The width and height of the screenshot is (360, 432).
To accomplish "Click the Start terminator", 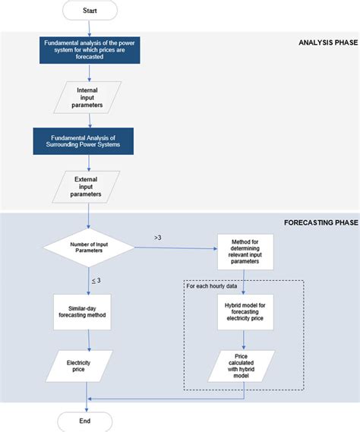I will click(90, 11).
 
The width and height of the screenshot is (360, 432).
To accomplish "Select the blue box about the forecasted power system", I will click(90, 50).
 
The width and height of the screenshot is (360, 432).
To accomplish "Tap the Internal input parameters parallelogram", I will click(90, 97).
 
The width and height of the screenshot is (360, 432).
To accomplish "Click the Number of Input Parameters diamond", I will click(90, 247).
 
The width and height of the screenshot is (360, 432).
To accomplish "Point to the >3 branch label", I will click(158, 238).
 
